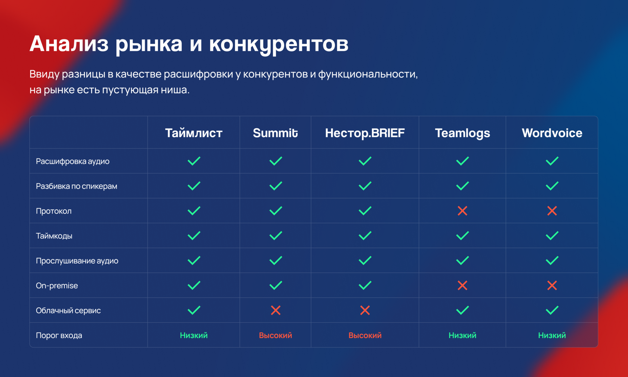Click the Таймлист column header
pyautogui.click(x=194, y=133)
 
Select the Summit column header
pyautogui.click(x=275, y=133)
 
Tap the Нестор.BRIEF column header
pyautogui.click(x=365, y=133)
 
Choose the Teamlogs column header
pyautogui.click(x=462, y=133)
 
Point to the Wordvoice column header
pyautogui.click(x=552, y=133)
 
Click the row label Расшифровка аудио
pyautogui.click(x=73, y=161)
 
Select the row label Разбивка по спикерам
pyautogui.click(x=77, y=186)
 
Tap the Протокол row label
pyautogui.click(x=53, y=211)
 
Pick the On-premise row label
pyautogui.click(x=57, y=286)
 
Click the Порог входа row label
pyautogui.click(x=59, y=335)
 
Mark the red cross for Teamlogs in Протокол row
pyautogui.click(x=462, y=211)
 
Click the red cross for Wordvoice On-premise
pyautogui.click(x=552, y=285)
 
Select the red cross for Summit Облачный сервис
pyautogui.click(x=275, y=310)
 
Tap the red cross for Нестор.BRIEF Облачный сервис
pyautogui.click(x=365, y=310)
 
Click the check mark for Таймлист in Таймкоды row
pyautogui.click(x=194, y=236)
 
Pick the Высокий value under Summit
pyautogui.click(x=275, y=335)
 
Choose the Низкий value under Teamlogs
pyautogui.click(x=462, y=335)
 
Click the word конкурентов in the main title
pyautogui.click(x=279, y=45)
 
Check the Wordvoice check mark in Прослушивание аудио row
pyautogui.click(x=552, y=261)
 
